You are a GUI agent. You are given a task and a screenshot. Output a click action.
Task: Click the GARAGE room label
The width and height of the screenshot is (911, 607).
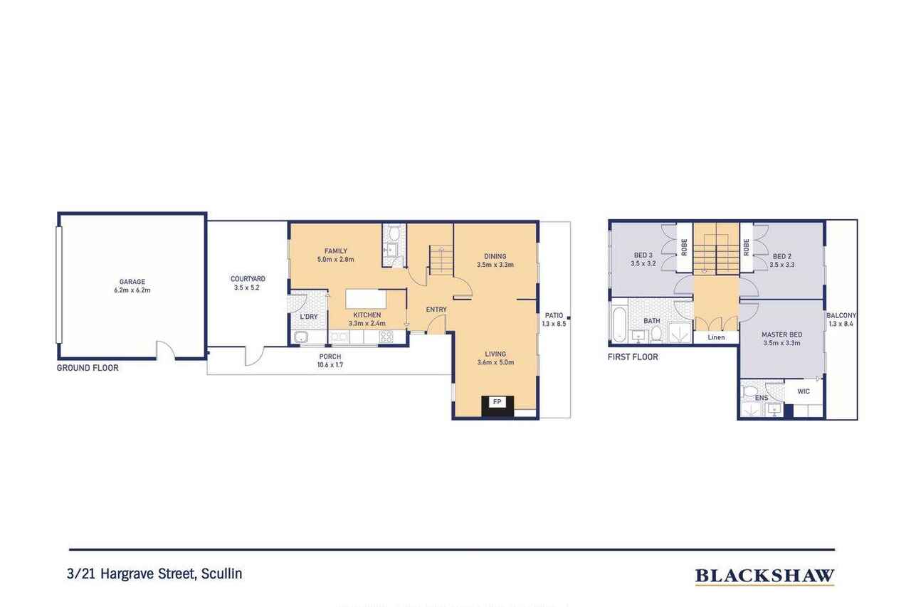point(132,281)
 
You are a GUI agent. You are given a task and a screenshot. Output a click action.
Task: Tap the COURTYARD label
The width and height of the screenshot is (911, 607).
point(248,279)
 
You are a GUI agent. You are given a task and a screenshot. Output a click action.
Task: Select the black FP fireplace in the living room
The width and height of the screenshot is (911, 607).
point(497,406)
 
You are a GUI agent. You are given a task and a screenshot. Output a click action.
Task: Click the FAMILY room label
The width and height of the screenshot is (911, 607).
point(336,251)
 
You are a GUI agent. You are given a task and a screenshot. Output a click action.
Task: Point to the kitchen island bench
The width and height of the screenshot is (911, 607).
point(366,300)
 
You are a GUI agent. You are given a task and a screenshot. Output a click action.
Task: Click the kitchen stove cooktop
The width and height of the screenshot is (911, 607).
point(386,337)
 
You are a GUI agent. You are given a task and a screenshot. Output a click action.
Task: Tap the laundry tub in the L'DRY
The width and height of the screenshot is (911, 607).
point(301,337)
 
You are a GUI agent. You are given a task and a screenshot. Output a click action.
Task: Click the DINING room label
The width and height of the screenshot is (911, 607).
point(495,256)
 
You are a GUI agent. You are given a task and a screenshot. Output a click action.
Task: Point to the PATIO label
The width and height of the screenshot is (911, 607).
point(554,315)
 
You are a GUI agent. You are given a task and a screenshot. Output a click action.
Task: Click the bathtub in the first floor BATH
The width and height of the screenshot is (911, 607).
point(619,324)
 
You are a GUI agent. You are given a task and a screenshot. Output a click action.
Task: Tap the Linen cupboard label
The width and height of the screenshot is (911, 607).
point(716,337)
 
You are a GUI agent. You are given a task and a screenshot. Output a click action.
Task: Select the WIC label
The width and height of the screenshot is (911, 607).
point(804,391)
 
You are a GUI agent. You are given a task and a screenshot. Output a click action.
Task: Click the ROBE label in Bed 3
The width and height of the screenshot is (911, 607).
point(684,247)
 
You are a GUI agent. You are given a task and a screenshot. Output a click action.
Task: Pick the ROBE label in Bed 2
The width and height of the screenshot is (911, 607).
point(747,247)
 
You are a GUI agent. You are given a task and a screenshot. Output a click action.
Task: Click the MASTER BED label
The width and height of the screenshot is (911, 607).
point(782,334)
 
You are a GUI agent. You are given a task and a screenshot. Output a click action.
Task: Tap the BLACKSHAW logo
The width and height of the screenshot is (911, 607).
point(765,576)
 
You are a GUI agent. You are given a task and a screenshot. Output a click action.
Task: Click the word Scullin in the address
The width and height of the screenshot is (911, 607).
point(221,574)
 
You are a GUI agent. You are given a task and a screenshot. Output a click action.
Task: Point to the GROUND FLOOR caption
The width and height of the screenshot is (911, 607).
point(88,368)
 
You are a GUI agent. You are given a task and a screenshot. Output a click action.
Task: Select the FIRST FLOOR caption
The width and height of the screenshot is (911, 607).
point(633,357)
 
